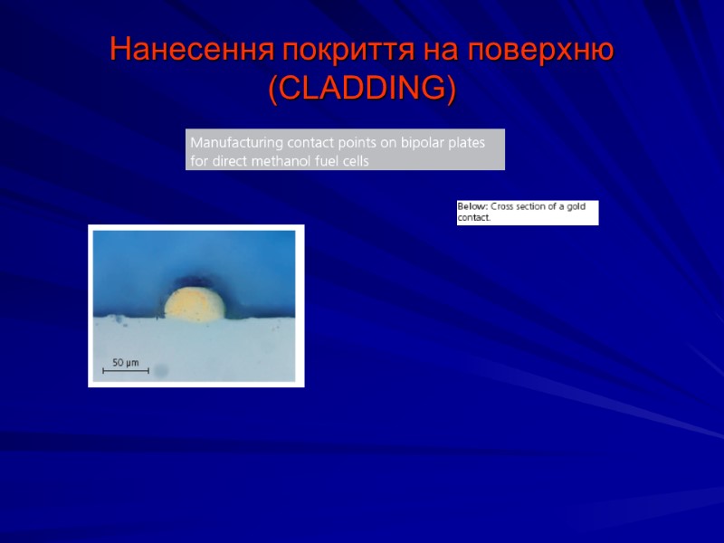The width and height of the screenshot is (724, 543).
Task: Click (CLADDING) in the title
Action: tap(362, 89)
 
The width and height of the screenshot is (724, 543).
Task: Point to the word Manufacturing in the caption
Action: tap(236, 143)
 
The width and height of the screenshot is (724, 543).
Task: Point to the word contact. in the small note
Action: tap(473, 218)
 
